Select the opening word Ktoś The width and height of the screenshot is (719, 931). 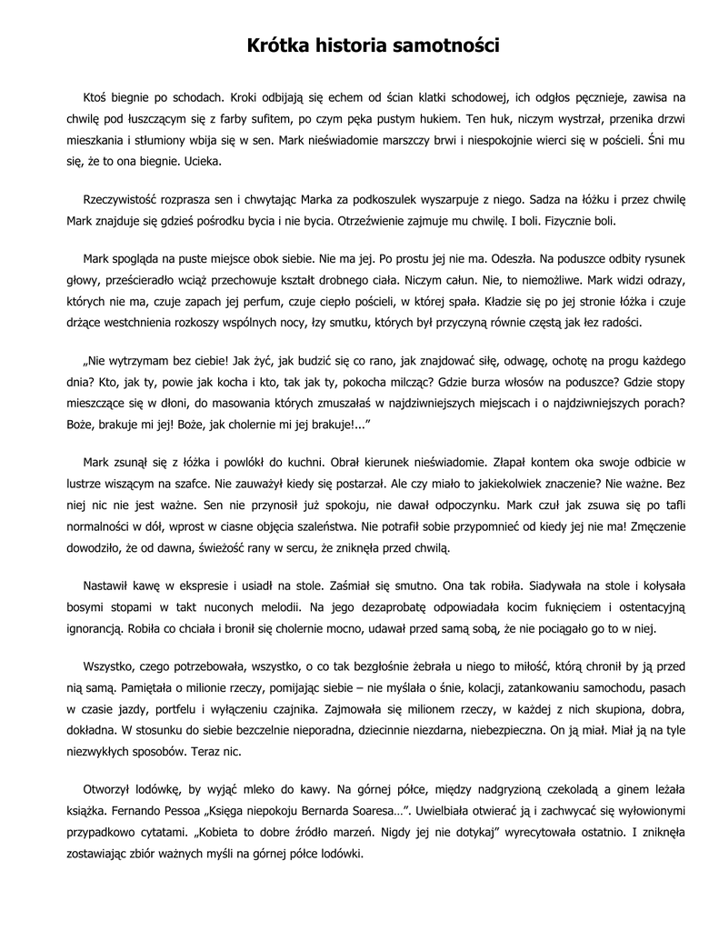(96, 95)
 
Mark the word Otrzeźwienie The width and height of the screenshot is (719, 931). (368, 220)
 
